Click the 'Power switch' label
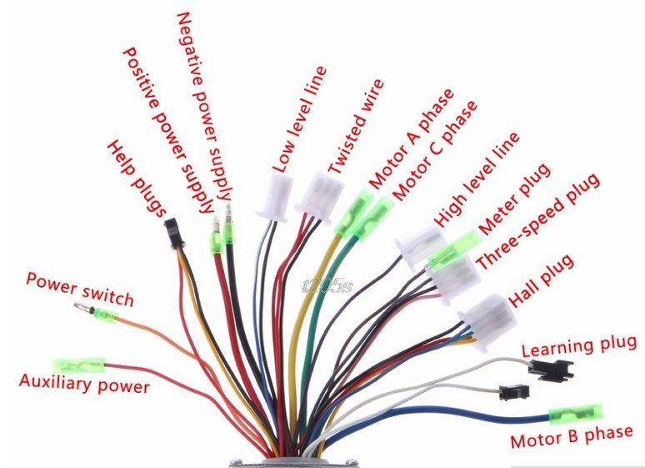(x=79, y=288)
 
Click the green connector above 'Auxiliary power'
(x=79, y=365)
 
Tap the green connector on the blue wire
(x=576, y=413)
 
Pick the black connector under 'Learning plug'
(x=555, y=370)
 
